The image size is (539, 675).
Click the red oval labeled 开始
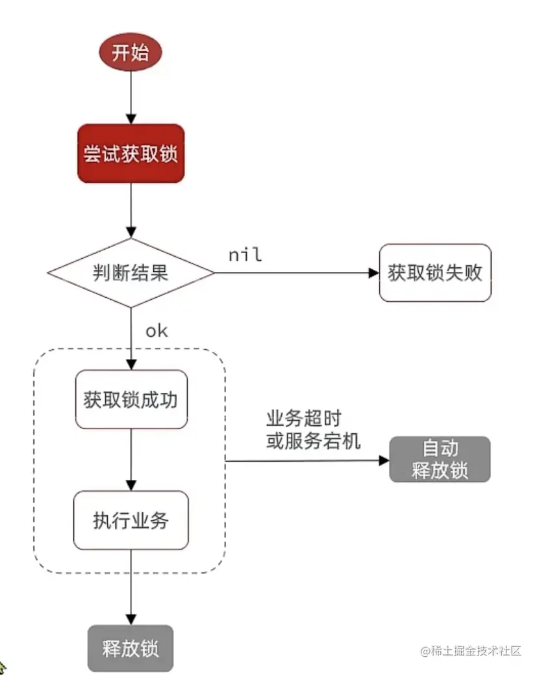tap(130, 53)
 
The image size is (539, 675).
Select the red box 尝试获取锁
tap(131, 153)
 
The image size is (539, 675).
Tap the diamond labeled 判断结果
tap(131, 272)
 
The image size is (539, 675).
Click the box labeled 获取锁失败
tap(435, 272)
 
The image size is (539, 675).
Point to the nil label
tap(245, 255)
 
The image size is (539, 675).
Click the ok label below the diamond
tap(156, 331)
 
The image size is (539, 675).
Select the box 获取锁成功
tap(131, 399)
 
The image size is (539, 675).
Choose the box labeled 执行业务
tap(131, 520)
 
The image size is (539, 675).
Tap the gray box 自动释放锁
tap(440, 459)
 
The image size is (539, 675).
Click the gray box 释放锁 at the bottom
tap(131, 648)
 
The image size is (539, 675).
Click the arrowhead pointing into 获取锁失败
tap(373, 272)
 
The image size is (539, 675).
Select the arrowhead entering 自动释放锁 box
tap(384, 461)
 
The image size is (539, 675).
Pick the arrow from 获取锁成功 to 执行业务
tap(131, 459)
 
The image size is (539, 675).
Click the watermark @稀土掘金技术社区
tap(471, 651)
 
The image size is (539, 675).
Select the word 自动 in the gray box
tap(440, 449)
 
